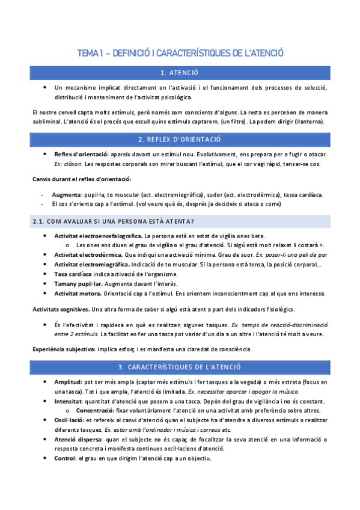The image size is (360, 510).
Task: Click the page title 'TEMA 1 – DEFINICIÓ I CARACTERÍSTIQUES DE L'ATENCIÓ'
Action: pyautogui.click(x=180, y=54)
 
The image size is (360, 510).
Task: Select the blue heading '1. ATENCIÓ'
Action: pyautogui.click(x=180, y=73)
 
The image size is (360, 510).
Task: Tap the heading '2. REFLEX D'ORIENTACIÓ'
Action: pyautogui.click(x=180, y=140)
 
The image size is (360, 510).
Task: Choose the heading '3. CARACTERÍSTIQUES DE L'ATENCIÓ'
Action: pyautogui.click(x=180, y=367)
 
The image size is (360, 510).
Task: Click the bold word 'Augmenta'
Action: pyautogui.click(x=67, y=195)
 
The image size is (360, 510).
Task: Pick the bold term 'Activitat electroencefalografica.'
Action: pyautogui.click(x=98, y=236)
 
